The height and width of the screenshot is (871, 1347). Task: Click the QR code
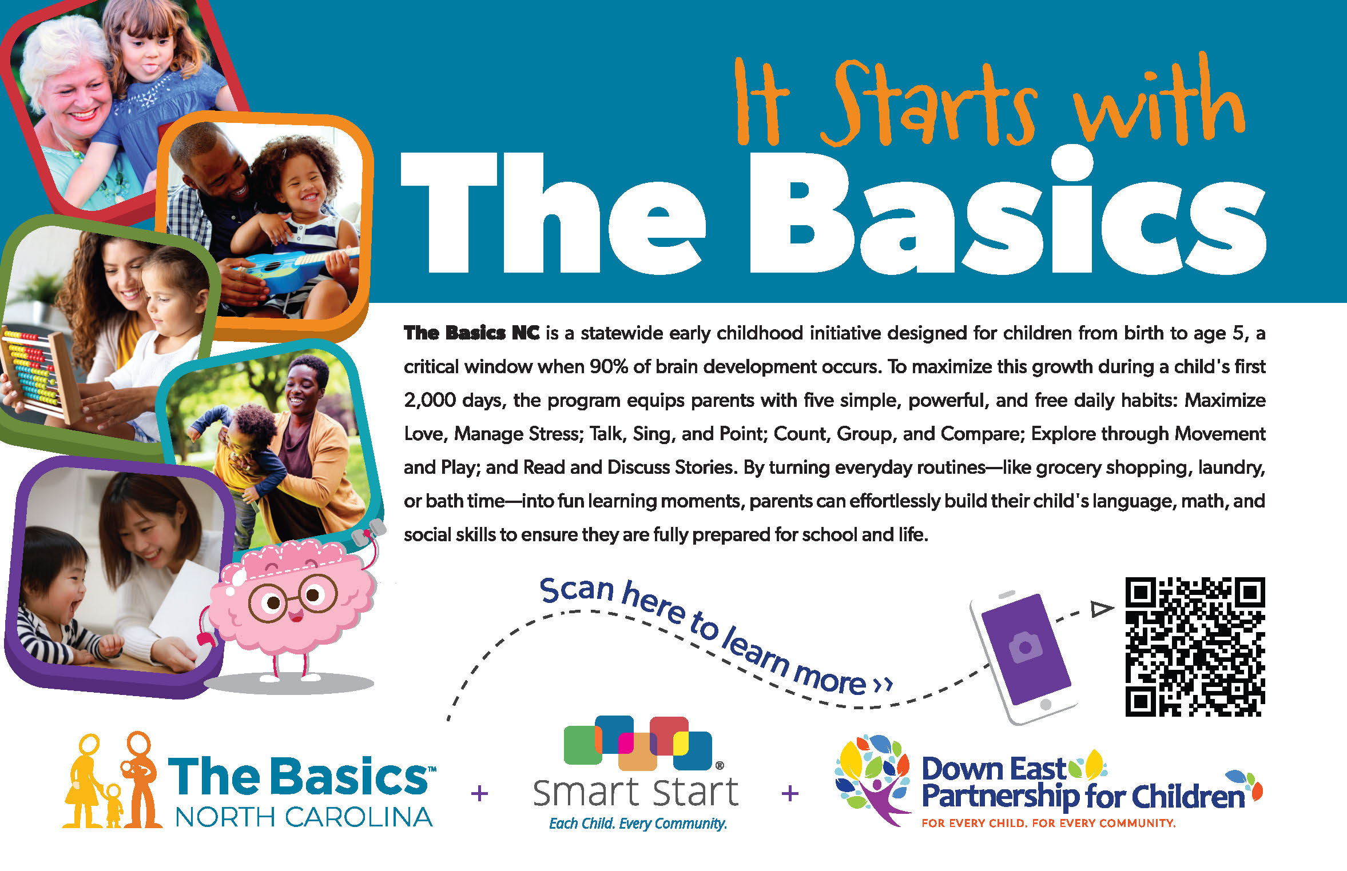coord(1195,646)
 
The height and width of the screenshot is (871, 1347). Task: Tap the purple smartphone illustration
coord(1024,657)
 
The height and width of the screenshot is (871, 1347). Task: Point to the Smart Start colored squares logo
coord(638,742)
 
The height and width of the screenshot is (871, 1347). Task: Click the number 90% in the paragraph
coord(609,366)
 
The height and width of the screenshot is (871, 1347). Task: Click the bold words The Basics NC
coord(472,333)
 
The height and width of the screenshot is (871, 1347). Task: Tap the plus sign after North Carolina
coord(479,793)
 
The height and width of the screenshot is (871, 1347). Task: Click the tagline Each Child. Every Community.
coord(638,823)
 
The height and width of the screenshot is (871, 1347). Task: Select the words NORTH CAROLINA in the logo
coord(304,817)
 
